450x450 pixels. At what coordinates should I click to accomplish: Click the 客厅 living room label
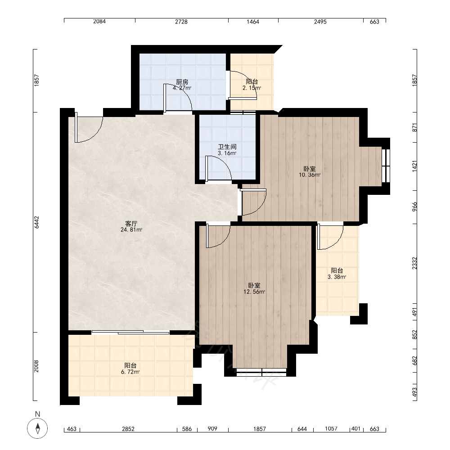click(131, 223)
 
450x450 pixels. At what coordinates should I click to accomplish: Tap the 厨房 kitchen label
click(182, 82)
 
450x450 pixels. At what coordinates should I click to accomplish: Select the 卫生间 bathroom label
click(227, 147)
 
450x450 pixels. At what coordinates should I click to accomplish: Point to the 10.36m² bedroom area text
click(310, 175)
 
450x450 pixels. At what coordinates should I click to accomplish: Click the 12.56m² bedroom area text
click(254, 292)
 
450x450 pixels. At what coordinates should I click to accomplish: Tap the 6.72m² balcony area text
click(130, 372)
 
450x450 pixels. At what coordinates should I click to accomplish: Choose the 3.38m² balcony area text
click(337, 277)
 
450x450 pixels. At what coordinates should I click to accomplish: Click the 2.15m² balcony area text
click(252, 88)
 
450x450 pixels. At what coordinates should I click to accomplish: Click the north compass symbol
click(37, 428)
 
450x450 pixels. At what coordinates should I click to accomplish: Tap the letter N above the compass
click(37, 414)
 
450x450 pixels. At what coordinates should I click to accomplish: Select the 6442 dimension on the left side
click(36, 222)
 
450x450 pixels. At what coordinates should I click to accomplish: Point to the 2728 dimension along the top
click(181, 22)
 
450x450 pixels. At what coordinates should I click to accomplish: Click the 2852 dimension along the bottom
click(128, 429)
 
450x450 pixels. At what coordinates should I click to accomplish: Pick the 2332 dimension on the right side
click(414, 263)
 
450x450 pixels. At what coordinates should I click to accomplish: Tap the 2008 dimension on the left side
click(36, 366)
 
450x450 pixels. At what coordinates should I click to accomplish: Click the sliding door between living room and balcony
click(130, 333)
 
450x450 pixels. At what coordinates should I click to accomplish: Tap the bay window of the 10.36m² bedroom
click(386, 166)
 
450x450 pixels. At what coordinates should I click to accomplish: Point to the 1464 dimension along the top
click(253, 22)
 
